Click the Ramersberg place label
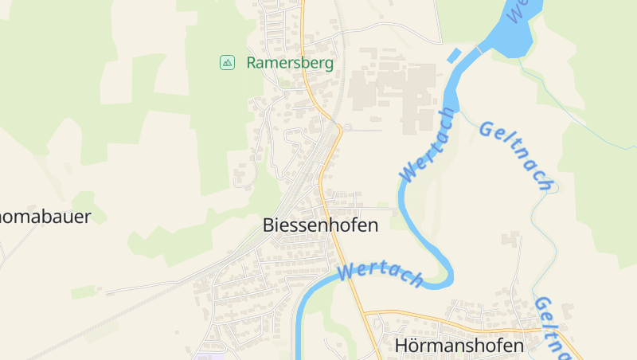289,62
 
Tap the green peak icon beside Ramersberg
228,62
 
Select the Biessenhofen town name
320,225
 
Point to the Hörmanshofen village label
459,346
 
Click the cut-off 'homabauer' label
45,217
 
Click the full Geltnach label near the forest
516,156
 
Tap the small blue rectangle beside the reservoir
453,55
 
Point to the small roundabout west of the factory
348,127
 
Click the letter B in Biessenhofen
268,225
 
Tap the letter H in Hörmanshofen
401,346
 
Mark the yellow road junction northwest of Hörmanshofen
366,312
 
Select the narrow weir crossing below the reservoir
480,50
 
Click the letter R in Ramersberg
252,62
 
